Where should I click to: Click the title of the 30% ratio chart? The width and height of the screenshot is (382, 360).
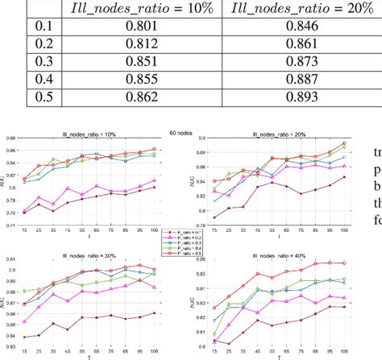pos(89,254)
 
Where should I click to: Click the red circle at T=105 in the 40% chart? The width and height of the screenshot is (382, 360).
pos(344,263)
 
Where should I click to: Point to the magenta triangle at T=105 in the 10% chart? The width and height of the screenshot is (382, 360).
pos(154,180)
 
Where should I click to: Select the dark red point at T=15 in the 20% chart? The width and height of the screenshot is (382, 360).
pos(214,217)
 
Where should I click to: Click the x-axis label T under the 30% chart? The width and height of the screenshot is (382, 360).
pos(90,358)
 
